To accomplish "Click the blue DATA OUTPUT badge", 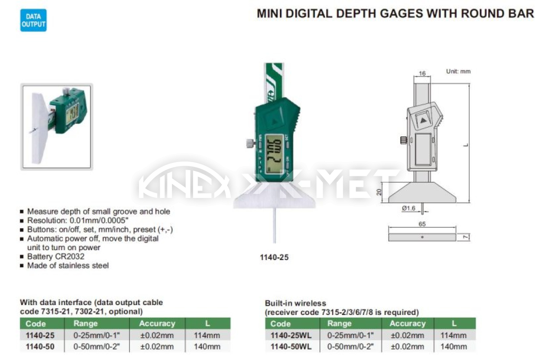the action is (x=33, y=20).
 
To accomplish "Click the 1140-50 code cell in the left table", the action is (x=40, y=346).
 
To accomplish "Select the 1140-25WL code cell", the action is (x=291, y=335).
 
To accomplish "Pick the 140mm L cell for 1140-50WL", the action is (x=454, y=346).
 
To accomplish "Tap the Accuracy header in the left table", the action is (x=157, y=324).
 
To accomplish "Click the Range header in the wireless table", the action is (x=339, y=324).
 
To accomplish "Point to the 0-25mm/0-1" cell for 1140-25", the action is (x=97, y=335).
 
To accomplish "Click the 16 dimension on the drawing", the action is (x=422, y=73).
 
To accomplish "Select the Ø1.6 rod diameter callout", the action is (x=409, y=208).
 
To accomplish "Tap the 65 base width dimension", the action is (x=422, y=224).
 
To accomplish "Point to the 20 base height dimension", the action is (x=379, y=192).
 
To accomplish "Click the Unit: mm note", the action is (x=458, y=72).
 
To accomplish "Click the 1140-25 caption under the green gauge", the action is (x=274, y=257).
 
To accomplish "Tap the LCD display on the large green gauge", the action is (x=274, y=153).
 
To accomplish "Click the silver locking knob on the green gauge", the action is (x=251, y=143).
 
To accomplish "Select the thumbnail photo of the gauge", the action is (x=57, y=127).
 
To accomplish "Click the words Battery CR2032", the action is (x=56, y=256).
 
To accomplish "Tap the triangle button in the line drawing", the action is (x=423, y=121).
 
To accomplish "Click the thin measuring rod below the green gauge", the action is (x=274, y=225).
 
